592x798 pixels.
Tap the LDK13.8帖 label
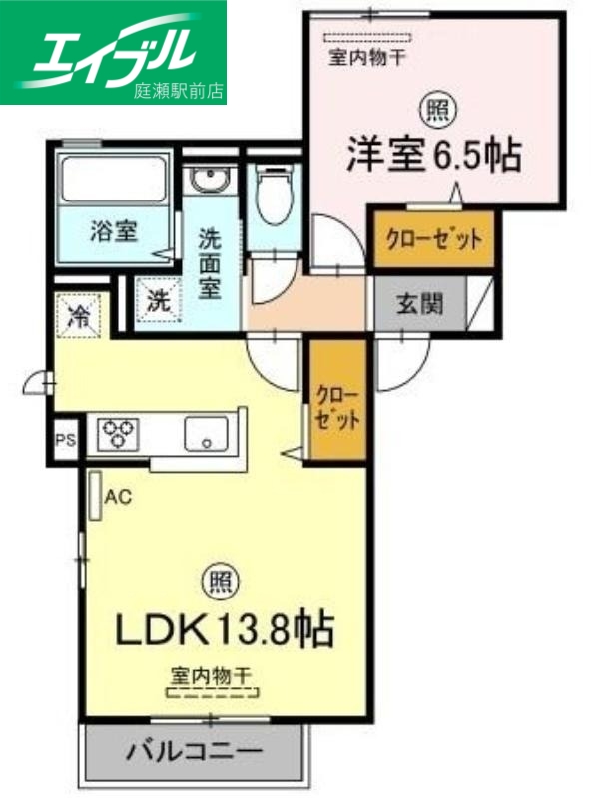pyautogui.click(x=226, y=629)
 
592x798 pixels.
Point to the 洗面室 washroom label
pyautogui.click(x=210, y=264)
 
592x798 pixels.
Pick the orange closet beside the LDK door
pyautogui.click(x=336, y=405)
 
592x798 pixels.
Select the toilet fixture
pyautogui.click(x=272, y=195)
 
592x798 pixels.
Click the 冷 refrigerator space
pyautogui.click(x=78, y=316)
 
